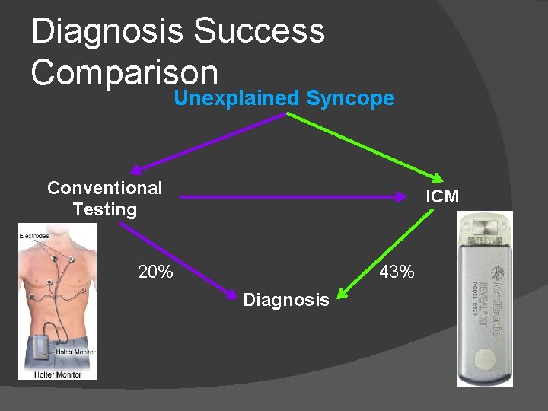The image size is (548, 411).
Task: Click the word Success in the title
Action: (x=259, y=32)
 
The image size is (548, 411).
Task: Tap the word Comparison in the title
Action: (x=124, y=72)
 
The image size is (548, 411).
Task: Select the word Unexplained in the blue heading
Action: (x=237, y=98)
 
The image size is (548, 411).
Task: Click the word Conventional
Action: (x=104, y=188)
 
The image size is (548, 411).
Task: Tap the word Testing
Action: (x=104, y=209)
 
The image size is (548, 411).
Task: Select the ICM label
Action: (x=442, y=196)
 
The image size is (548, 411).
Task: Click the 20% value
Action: (x=155, y=272)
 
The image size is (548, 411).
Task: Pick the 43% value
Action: (x=397, y=272)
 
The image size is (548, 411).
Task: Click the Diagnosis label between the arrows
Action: (x=286, y=300)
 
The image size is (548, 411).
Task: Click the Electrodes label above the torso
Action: (x=34, y=237)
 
